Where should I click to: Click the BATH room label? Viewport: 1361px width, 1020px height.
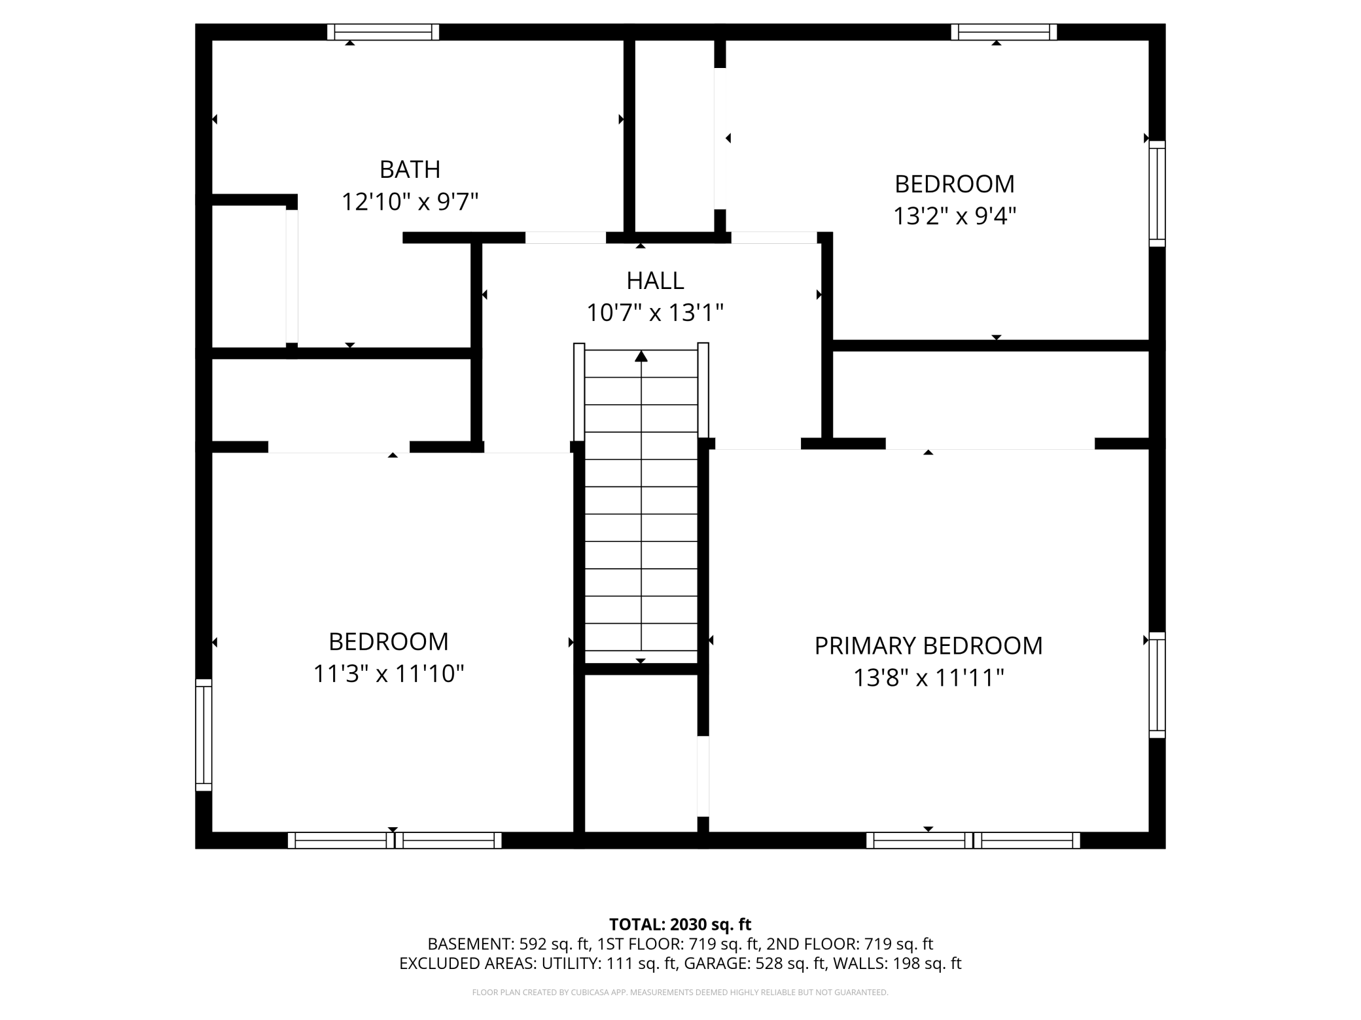point(410,169)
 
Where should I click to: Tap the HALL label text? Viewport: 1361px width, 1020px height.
point(655,280)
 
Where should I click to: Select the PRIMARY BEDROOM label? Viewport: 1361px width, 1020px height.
point(928,646)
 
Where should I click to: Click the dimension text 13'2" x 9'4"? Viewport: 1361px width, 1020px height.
point(955,215)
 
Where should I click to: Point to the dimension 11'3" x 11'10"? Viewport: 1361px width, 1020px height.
point(389,673)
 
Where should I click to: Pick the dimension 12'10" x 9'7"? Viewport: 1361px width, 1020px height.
point(410,201)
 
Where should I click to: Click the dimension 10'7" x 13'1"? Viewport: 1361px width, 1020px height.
point(655,313)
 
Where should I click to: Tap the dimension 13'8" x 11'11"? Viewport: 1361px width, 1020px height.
point(928,677)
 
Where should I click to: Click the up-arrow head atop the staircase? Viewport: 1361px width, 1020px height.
point(641,356)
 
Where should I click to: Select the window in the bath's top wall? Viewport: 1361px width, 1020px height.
point(383,32)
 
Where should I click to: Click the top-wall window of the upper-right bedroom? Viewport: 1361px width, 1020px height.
point(1004,32)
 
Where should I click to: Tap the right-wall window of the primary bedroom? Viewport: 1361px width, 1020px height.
point(1158,685)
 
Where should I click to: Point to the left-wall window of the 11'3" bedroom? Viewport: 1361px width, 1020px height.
point(203,735)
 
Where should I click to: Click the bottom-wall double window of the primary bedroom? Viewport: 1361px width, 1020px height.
point(973,840)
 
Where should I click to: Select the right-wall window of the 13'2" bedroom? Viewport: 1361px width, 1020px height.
point(1158,194)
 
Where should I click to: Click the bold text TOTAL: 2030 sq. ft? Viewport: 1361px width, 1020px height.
point(680,924)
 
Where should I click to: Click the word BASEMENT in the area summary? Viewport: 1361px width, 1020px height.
point(470,943)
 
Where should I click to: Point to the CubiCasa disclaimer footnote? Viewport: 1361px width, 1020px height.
point(680,993)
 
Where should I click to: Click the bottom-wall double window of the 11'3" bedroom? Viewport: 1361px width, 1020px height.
point(395,840)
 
